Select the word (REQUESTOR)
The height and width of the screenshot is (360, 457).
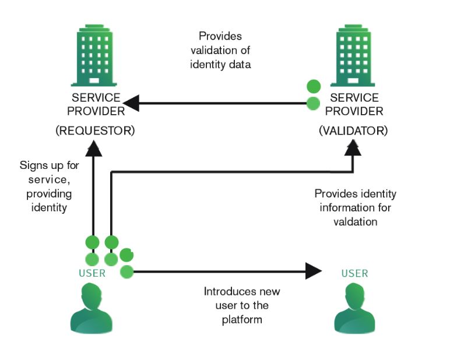(95, 130)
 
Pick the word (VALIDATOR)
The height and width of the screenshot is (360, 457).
(353, 130)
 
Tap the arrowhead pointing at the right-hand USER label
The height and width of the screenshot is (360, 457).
(313, 271)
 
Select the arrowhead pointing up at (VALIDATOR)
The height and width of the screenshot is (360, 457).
(351, 149)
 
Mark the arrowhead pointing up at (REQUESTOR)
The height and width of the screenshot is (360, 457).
(94, 149)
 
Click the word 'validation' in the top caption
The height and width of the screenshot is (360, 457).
(220, 50)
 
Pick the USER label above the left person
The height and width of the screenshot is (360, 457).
(92, 273)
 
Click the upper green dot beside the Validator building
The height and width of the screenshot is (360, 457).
(314, 87)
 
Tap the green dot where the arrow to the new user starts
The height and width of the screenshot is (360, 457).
(127, 271)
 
